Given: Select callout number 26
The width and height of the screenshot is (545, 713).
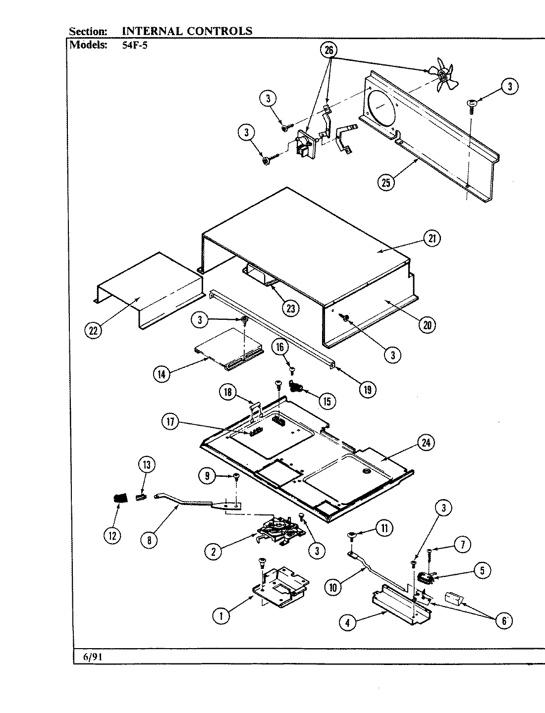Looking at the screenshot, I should pos(329,51).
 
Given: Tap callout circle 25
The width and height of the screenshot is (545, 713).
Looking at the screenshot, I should pos(386,182).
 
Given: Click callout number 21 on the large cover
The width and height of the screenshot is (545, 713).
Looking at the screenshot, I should pos(433,239).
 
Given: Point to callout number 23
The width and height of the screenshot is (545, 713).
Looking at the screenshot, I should pos(290,308).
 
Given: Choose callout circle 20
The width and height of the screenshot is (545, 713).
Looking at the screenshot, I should pos(427,325).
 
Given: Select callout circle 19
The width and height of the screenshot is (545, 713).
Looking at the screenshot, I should pos(367,389).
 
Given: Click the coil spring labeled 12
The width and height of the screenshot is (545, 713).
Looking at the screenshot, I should pos(119,497).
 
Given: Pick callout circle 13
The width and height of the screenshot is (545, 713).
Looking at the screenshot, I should pos(146,464).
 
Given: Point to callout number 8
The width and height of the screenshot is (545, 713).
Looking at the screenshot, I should pos(149,540).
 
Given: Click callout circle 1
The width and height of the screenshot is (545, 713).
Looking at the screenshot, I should pos(221,615).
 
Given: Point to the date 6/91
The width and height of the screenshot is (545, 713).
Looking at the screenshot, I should pos(89,657).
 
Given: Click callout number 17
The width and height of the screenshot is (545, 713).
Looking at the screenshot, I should pos(170,422).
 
